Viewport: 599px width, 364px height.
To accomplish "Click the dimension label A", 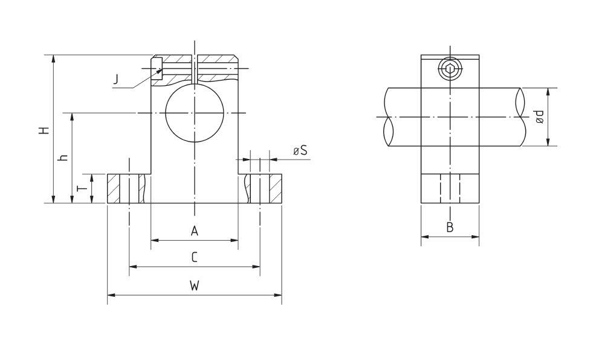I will (x=194, y=230).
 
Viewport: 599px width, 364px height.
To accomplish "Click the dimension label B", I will (x=450, y=227).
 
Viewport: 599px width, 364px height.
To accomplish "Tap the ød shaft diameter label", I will (x=539, y=117).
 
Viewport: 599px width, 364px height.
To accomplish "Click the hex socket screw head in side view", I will (x=450, y=70).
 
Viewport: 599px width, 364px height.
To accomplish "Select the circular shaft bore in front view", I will (x=194, y=114).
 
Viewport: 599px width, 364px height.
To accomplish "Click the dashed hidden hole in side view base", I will (x=450, y=189).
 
